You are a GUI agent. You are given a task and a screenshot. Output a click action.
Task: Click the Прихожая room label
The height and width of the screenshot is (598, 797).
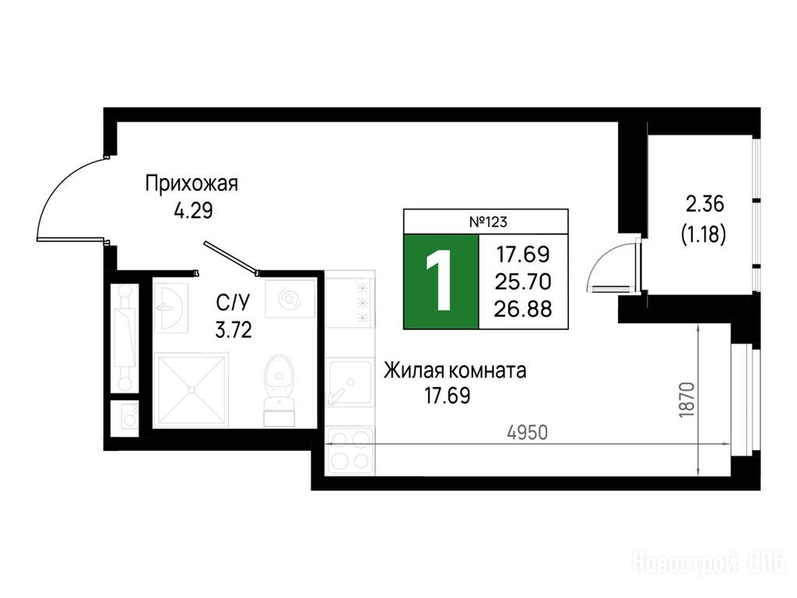point(191,184)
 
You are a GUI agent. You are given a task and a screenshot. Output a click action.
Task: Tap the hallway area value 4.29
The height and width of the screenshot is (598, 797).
point(193,210)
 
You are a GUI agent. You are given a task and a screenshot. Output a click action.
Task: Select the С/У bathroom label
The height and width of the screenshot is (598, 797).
point(233,304)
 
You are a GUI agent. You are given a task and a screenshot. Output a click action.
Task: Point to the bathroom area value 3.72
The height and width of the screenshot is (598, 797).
point(233,331)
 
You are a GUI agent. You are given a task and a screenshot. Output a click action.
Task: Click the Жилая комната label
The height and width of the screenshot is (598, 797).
point(455,371)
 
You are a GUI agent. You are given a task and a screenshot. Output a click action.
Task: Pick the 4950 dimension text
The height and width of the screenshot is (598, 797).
point(528,433)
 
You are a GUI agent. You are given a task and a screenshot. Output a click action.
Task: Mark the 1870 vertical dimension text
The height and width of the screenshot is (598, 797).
point(686,400)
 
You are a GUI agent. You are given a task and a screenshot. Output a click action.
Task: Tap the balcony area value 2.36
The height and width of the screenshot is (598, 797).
point(705,205)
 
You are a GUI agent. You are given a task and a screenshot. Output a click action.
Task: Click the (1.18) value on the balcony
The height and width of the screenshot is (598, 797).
point(704,234)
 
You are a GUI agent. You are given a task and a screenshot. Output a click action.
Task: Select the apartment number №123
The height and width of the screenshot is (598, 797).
point(488,222)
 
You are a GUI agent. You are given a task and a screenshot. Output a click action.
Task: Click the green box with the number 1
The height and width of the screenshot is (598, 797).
point(441,281)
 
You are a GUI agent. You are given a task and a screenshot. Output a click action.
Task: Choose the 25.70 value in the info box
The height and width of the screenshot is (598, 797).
point(524,281)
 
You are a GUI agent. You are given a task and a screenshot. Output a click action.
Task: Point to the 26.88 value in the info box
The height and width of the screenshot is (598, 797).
point(524,308)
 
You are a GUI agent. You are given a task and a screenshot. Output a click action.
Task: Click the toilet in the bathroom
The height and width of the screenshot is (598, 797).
point(279,389)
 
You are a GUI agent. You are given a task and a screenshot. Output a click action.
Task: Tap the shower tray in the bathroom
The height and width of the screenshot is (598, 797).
point(191,389)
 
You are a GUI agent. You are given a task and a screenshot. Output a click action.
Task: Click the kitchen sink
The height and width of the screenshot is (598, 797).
point(349,382)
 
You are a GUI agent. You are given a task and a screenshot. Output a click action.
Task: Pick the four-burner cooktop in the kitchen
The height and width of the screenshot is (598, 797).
point(349,450)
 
